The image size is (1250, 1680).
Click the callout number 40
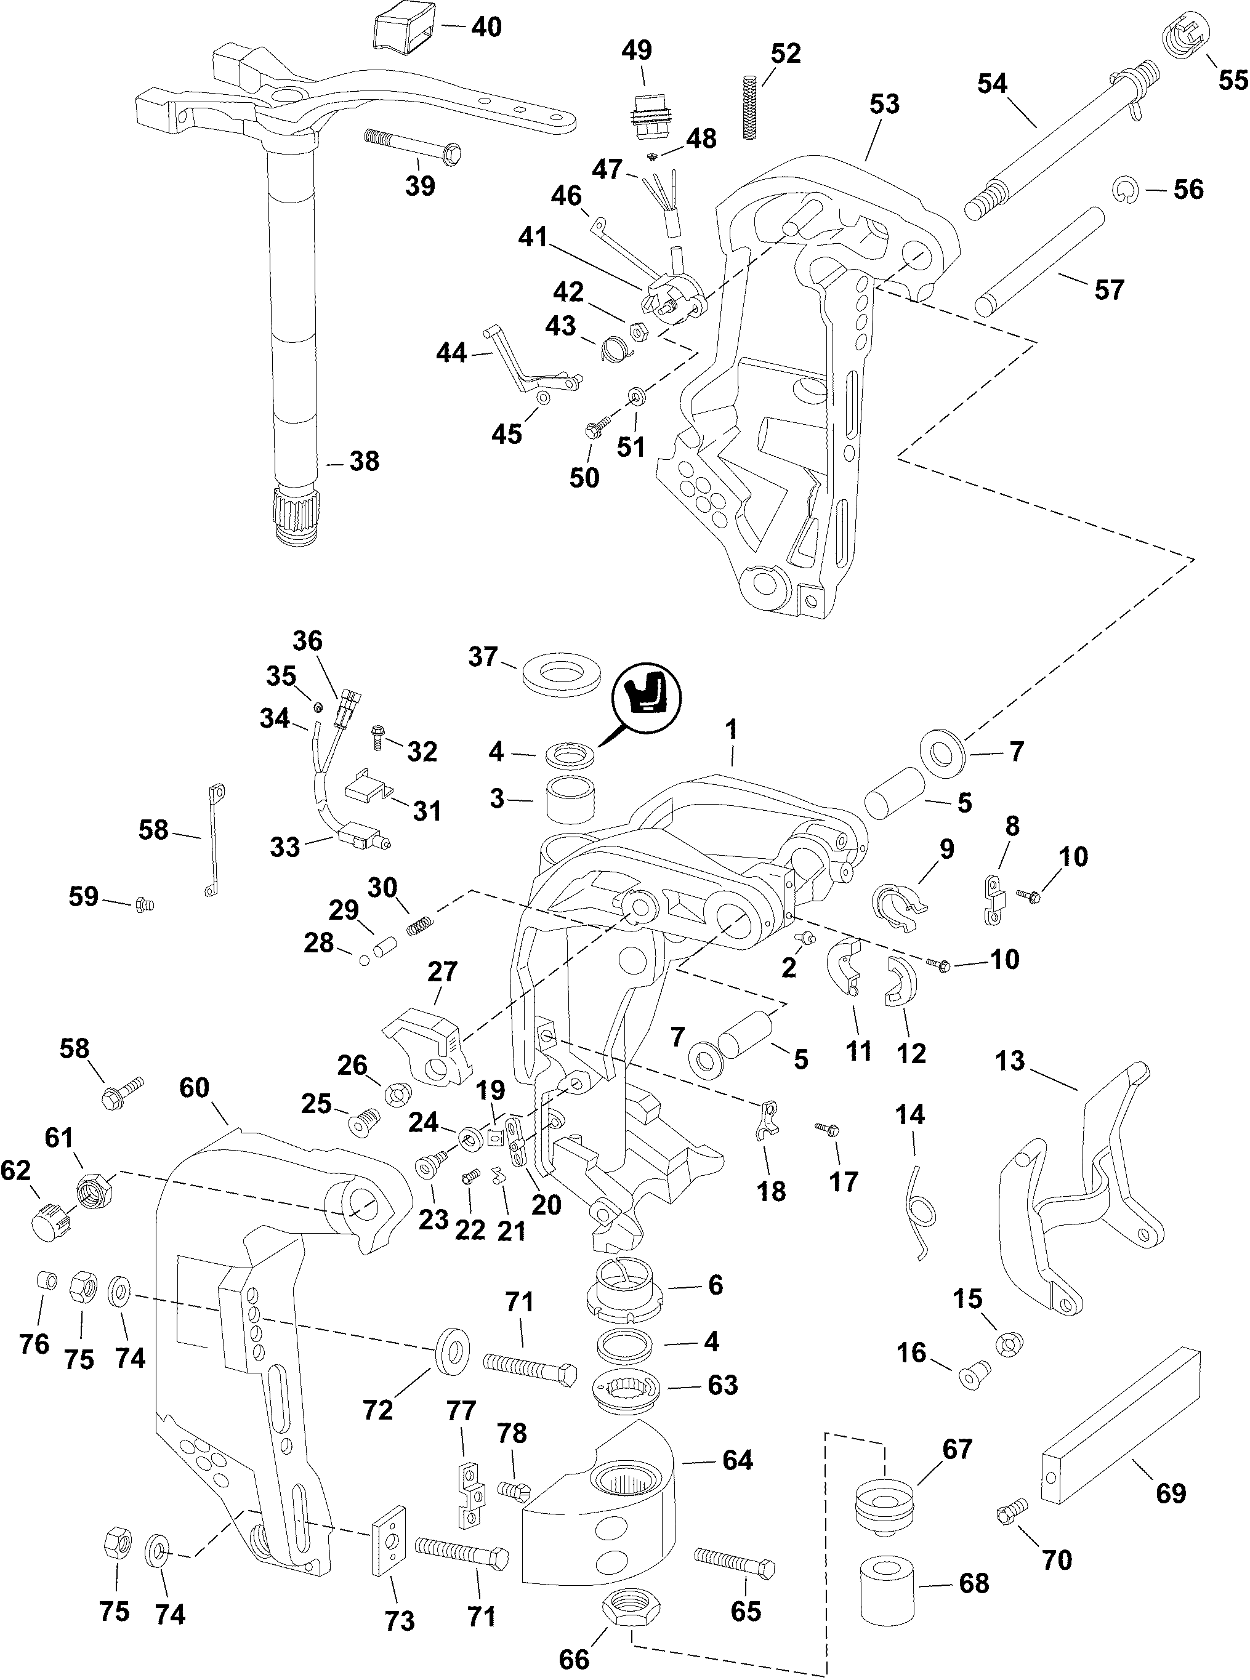pos(486,27)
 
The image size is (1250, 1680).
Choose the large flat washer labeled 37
pos(562,672)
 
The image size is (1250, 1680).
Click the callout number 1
pos(731,731)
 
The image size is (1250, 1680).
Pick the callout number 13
pos(1010,1061)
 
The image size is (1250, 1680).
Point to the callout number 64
pos(737,1460)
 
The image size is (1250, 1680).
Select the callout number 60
pos(195,1088)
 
